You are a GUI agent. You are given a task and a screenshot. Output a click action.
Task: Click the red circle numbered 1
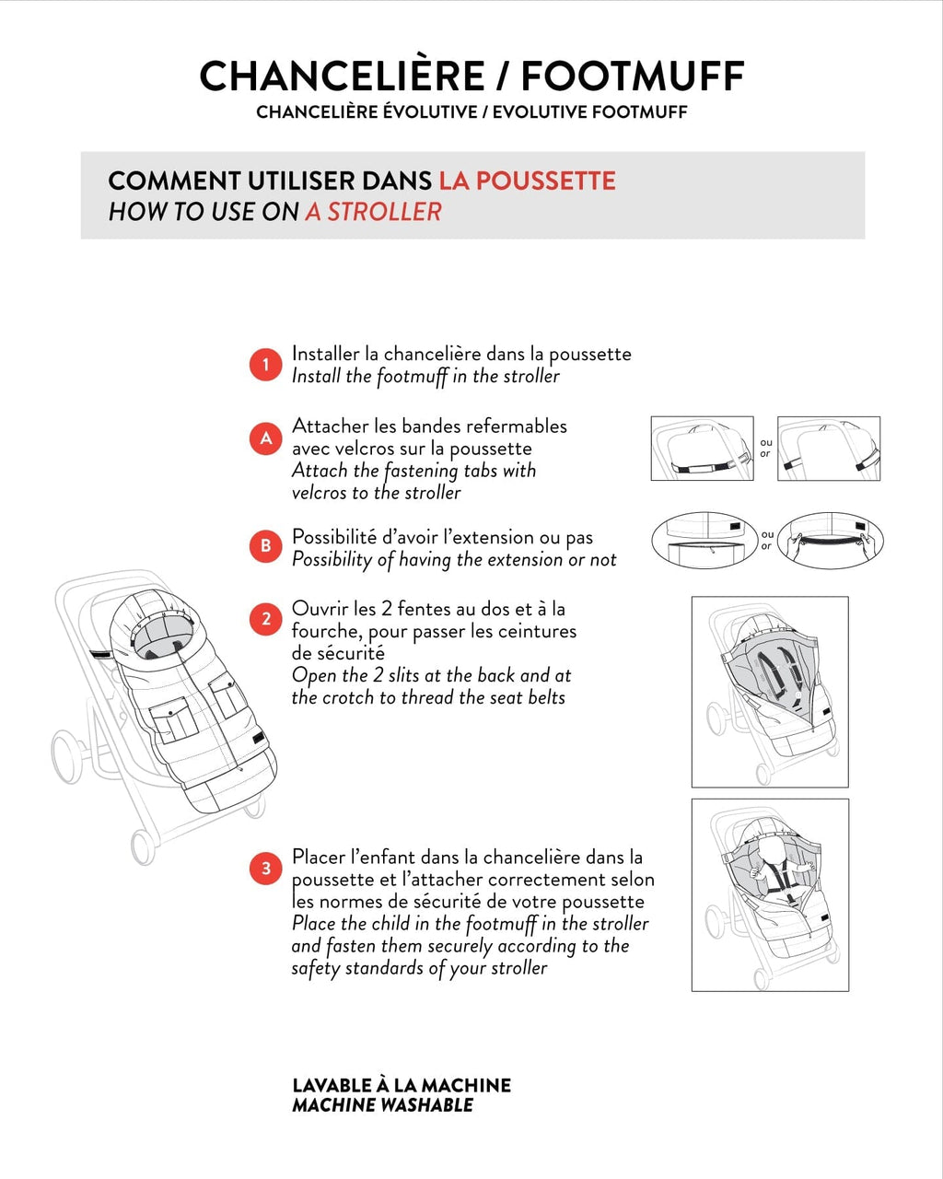(x=265, y=365)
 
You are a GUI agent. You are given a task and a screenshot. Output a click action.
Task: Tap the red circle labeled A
(x=265, y=438)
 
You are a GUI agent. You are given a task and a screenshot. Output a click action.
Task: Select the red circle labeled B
(x=265, y=546)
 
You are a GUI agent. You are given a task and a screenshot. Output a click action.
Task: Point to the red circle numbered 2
(x=265, y=619)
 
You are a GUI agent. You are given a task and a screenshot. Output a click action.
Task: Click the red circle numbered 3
(x=265, y=869)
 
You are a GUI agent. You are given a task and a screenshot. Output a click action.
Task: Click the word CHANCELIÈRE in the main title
(x=342, y=76)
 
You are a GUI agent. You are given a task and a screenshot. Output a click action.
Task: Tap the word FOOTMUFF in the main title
(x=633, y=76)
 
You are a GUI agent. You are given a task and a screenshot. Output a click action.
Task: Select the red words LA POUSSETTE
(x=527, y=181)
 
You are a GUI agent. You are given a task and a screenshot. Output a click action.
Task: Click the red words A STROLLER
(x=373, y=212)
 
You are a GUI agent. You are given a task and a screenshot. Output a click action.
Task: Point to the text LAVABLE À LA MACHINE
(x=401, y=1085)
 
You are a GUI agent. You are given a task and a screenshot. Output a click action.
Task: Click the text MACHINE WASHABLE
(x=382, y=1105)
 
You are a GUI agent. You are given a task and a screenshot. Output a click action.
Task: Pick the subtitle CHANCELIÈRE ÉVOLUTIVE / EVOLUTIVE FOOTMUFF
(x=471, y=112)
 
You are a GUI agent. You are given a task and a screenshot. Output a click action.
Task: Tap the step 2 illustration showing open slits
(x=770, y=692)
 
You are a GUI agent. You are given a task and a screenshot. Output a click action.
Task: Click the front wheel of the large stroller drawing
(x=143, y=846)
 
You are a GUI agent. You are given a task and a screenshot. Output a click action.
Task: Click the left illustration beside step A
(x=702, y=449)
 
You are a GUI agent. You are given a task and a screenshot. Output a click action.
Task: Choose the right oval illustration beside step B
(x=830, y=541)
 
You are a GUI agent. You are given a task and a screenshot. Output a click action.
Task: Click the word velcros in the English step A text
(x=321, y=493)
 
